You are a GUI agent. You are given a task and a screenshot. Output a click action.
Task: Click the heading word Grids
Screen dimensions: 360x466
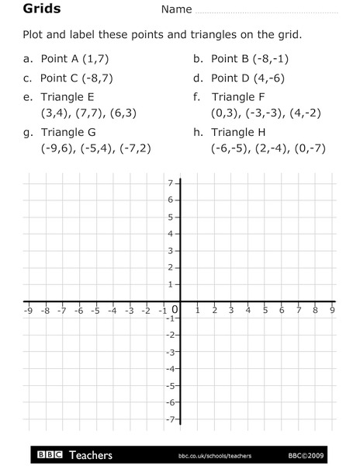tap(22, 9)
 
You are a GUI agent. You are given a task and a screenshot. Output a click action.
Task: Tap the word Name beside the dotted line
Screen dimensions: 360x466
tap(176, 10)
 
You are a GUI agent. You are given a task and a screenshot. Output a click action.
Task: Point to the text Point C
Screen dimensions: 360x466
tap(62, 78)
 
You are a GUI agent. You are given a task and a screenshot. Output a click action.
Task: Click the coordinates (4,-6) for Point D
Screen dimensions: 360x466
tap(266, 78)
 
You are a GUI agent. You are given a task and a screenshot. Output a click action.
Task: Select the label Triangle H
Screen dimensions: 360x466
tap(243, 132)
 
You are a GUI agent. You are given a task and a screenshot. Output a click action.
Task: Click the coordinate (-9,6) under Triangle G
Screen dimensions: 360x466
tap(56, 148)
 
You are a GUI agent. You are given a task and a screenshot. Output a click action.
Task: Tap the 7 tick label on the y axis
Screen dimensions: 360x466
tap(170, 183)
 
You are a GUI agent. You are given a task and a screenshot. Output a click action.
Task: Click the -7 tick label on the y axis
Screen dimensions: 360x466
tap(168, 419)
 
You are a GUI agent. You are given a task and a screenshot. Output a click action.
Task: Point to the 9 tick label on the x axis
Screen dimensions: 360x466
tap(332, 310)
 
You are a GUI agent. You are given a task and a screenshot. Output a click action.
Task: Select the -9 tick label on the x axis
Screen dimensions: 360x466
tap(28, 310)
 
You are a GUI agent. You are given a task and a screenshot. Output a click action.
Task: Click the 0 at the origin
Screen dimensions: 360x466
tap(175, 311)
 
